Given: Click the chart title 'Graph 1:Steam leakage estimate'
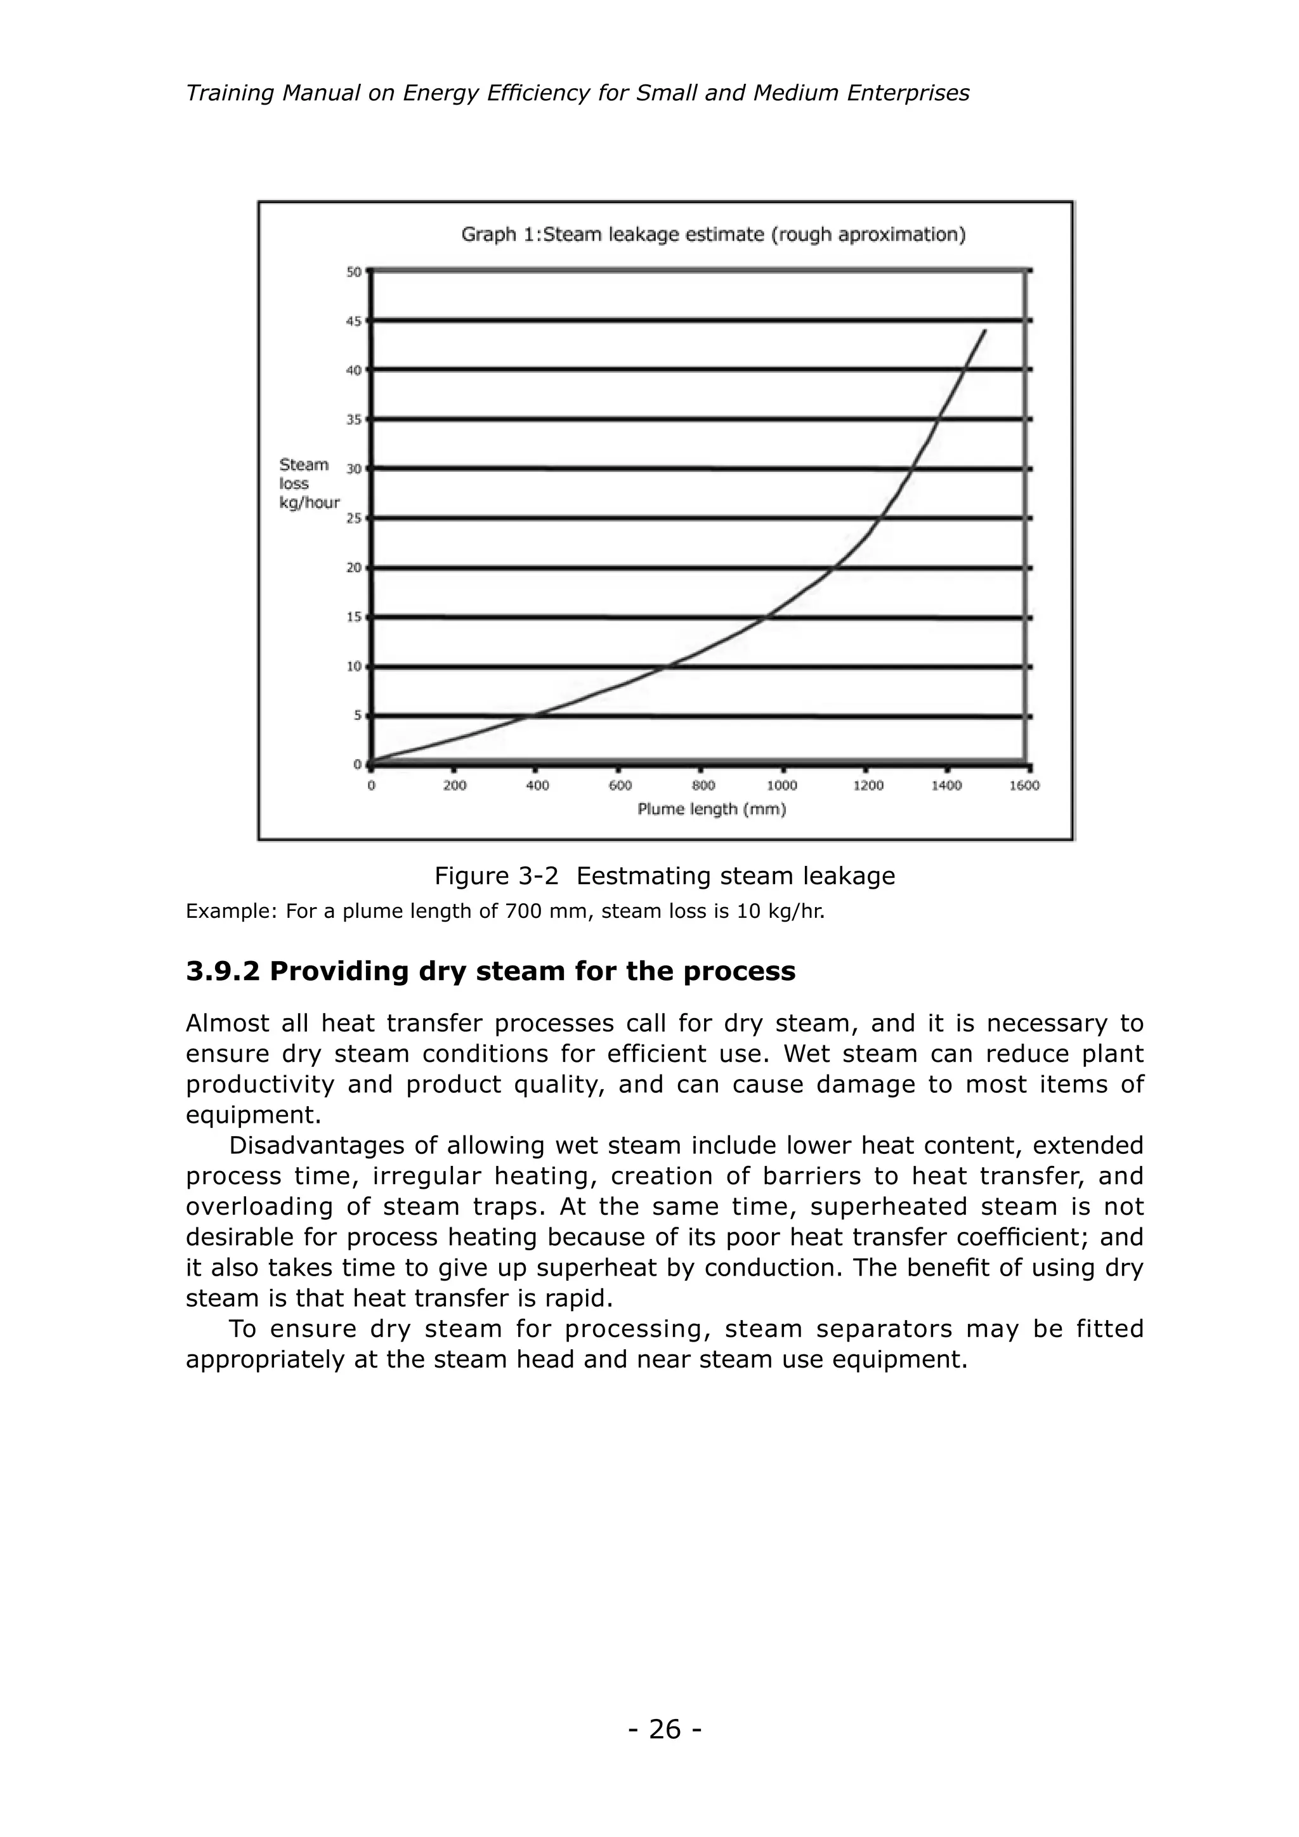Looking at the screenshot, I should point(713,235).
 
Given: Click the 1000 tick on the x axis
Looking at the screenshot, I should point(781,786).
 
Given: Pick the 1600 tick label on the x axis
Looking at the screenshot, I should point(1024,786).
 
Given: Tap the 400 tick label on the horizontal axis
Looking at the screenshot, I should point(537,786).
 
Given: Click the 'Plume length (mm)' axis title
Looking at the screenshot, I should point(711,809).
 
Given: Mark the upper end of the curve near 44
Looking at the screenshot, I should point(984,330).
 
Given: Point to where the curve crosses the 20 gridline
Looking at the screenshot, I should point(833,568).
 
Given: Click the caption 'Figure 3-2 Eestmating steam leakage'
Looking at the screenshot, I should point(664,875).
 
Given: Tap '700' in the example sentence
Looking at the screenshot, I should point(522,912).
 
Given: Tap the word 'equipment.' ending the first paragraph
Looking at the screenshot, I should point(253,1115).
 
